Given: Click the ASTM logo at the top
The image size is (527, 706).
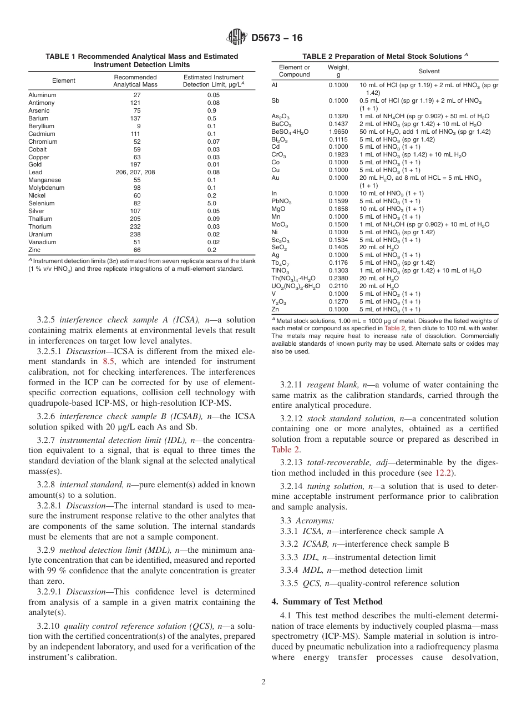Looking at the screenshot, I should coord(237,38).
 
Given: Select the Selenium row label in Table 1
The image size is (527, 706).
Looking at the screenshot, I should coord(41,203).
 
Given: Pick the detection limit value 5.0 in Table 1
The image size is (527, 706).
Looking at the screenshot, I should coord(213,203).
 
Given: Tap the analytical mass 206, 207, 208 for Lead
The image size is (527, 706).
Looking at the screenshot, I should coord(135,172).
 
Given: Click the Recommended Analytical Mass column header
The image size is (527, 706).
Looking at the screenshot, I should coord(135,80).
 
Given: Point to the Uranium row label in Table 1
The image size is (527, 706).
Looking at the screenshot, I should coord(40,234).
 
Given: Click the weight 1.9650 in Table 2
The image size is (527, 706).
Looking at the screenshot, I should coord(338,132).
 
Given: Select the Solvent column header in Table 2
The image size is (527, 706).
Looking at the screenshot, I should coord(429,71).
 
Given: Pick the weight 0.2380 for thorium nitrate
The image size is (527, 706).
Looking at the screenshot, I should coord(338,278).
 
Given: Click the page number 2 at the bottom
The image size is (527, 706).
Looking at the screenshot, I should coord(263,682).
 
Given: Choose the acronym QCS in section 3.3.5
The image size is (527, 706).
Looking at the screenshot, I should coord(312,583).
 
